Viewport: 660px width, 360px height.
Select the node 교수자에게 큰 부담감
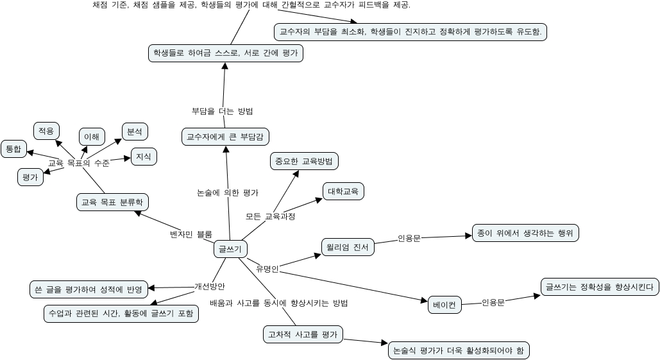(x=226, y=137)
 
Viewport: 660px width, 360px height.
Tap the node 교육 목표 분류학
(x=112, y=202)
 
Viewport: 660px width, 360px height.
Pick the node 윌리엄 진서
(x=346, y=247)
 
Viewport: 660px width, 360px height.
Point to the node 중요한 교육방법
(x=303, y=161)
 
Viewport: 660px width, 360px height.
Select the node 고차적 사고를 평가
(x=303, y=334)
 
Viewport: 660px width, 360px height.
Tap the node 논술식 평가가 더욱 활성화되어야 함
(x=459, y=350)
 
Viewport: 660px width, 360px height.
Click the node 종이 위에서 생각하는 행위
(x=525, y=232)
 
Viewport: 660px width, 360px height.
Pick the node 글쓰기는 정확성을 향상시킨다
(x=598, y=286)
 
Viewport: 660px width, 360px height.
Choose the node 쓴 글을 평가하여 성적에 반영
(x=89, y=289)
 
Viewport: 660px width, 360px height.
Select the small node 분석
(x=135, y=132)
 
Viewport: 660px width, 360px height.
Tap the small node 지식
(x=144, y=156)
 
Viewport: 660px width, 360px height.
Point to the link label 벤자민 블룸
(x=190, y=234)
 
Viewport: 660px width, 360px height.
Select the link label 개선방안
(x=210, y=286)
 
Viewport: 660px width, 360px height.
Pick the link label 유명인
(x=267, y=268)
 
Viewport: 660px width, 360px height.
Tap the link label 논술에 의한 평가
(x=227, y=192)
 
